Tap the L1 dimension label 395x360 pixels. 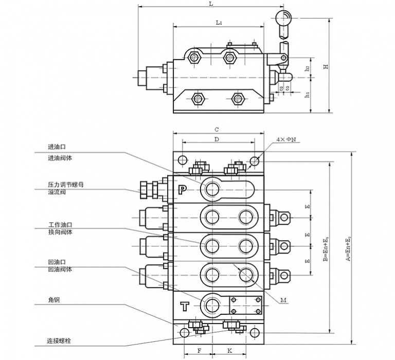click(219, 23)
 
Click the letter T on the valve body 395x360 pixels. click(185, 307)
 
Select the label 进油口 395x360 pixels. click(54, 146)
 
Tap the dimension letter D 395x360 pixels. click(217, 139)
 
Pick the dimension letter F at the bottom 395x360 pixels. click(199, 350)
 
